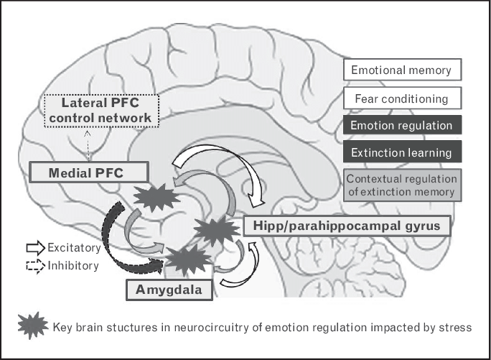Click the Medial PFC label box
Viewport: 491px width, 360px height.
tap(90, 172)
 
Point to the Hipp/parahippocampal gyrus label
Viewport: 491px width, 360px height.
tap(347, 226)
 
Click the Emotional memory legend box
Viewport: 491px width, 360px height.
tap(401, 70)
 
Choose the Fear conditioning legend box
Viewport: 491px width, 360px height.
tap(401, 98)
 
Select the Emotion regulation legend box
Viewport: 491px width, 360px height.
tap(401, 126)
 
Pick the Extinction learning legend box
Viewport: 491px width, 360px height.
tap(401, 153)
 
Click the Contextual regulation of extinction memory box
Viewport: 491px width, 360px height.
tap(401, 185)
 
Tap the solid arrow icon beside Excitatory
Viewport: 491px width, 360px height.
tap(34, 247)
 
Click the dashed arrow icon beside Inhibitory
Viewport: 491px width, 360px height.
tap(34, 265)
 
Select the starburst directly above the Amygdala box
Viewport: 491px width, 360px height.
tap(183, 259)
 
